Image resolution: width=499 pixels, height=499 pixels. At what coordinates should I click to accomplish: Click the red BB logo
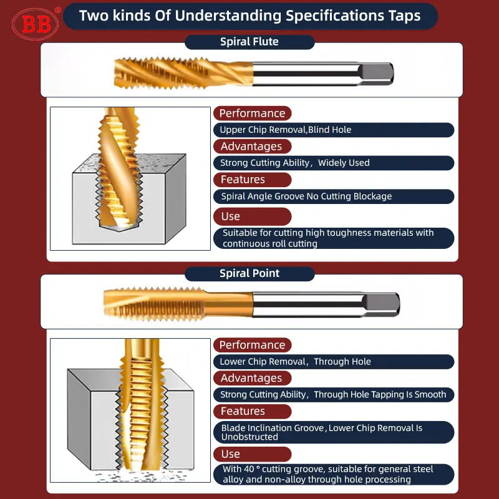point(36,24)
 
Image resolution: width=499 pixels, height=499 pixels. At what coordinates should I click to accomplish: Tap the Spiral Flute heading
point(249,42)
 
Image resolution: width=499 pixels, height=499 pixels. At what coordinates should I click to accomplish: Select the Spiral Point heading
point(249,273)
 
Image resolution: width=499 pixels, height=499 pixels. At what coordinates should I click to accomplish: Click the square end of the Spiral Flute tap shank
point(376,74)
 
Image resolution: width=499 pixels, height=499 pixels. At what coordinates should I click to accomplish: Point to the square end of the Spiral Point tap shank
point(382,304)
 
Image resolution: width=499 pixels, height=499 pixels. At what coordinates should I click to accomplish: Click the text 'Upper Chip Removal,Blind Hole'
point(286,130)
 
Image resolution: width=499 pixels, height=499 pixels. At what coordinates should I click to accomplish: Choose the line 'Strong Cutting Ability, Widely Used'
point(294,163)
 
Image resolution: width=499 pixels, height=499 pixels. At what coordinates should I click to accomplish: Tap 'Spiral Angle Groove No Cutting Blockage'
point(306,196)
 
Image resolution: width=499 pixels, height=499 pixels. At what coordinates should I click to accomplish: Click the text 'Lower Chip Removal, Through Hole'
point(295,362)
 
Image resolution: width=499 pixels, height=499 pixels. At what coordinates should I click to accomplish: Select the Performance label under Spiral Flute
point(252,114)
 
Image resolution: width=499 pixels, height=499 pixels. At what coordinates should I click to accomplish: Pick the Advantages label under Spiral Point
point(251,378)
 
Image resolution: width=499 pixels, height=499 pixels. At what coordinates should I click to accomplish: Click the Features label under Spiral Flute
point(243,180)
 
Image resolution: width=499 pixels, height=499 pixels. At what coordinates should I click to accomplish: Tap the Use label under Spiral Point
point(231,454)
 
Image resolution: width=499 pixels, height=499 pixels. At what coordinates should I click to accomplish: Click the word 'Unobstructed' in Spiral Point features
point(249,437)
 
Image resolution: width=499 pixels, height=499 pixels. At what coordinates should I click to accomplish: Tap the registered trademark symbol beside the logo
point(57,10)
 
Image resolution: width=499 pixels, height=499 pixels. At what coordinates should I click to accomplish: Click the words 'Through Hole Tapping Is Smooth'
point(380,395)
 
